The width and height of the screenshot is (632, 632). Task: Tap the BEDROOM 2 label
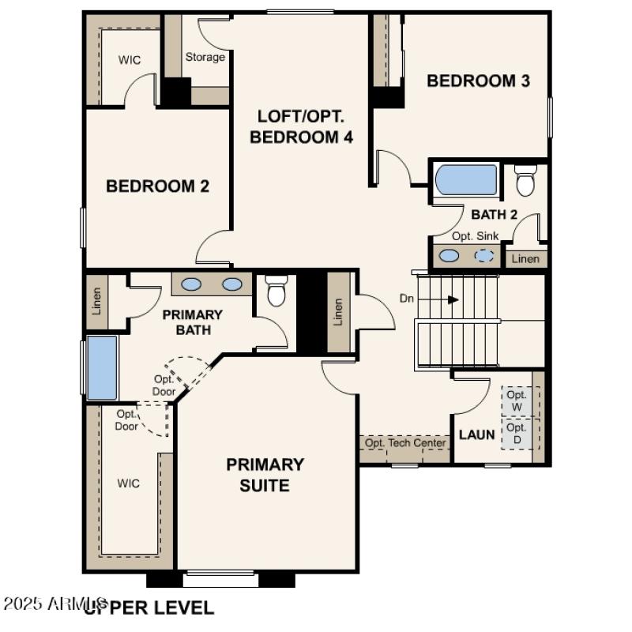point(157,186)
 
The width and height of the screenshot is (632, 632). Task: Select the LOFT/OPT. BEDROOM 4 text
point(301,126)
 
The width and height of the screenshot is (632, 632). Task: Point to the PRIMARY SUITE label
point(265,475)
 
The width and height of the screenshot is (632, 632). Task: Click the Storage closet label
point(205,57)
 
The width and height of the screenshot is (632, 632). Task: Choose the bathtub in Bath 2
point(466,180)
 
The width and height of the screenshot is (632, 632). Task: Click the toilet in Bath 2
point(525,180)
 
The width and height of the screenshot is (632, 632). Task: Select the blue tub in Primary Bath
point(102,367)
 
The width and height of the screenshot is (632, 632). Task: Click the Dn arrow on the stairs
point(452,299)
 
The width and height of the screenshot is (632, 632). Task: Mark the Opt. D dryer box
point(517,433)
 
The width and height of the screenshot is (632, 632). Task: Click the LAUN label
point(477,434)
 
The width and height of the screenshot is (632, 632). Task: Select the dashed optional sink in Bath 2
point(485,256)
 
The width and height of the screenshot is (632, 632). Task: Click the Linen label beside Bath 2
point(525,259)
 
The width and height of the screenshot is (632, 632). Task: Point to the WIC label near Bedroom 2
point(130,59)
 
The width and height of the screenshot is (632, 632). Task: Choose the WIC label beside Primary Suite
point(130,483)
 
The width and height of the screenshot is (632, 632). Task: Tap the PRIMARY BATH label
point(192,322)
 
